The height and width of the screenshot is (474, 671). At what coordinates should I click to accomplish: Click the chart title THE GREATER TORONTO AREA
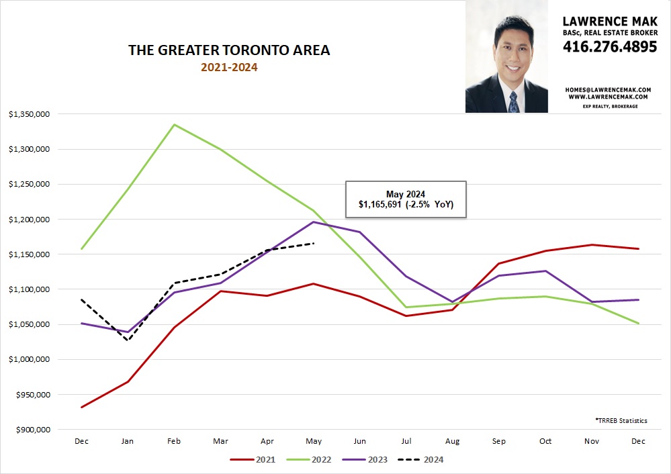pos(229,50)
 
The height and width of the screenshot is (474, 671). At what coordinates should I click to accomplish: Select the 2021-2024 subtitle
pos(229,67)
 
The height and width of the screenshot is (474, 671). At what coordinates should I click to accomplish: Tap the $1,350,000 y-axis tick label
pos(29,114)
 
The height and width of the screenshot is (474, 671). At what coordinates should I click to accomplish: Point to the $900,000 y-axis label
pos(32,430)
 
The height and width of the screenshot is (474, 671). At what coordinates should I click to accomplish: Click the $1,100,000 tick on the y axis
pos(29,289)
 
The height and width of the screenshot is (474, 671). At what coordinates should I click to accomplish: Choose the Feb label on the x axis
pos(174,441)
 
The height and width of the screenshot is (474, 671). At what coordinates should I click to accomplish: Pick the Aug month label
pos(452,441)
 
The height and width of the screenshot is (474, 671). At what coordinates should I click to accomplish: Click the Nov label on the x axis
pos(592,441)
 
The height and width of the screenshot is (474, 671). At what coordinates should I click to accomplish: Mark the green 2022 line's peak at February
pos(174,124)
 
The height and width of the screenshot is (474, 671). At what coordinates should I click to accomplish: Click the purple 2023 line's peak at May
pos(313,222)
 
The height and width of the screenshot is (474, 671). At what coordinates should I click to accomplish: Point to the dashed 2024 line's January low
pos(128,340)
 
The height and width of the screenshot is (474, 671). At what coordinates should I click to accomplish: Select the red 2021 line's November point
pos(592,245)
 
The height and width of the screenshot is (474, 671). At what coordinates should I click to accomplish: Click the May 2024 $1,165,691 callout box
pos(405,199)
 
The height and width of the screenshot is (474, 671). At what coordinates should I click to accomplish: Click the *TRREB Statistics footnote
pos(621,420)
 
